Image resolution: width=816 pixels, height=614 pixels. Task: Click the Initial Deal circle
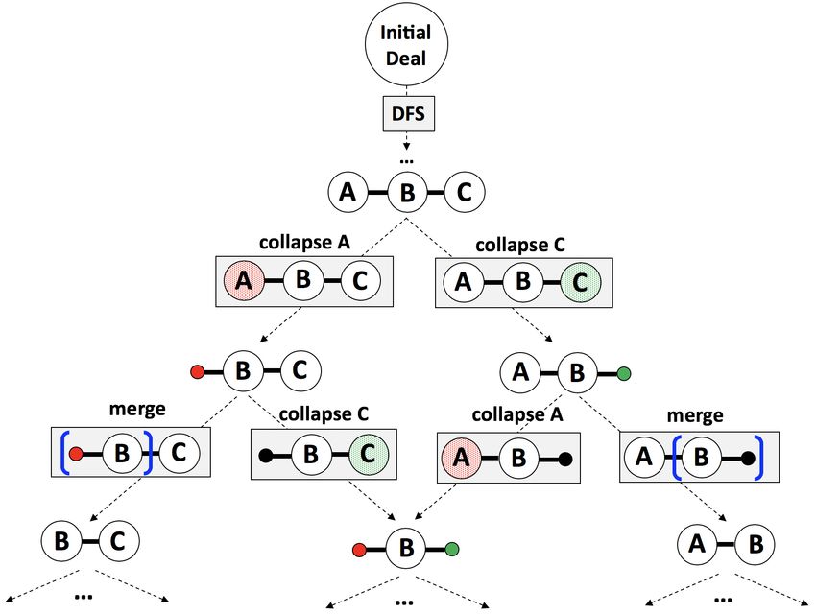coord(406,44)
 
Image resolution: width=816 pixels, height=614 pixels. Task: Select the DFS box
coord(409,113)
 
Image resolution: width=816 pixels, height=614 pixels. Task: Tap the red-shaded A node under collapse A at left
coord(244,281)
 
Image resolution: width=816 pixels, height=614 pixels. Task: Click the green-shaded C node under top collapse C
coord(580,282)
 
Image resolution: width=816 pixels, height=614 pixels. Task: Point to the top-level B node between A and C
coord(407,193)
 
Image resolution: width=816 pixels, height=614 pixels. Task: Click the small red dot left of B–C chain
coord(197,371)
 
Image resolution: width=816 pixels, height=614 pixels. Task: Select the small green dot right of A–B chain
coord(624,373)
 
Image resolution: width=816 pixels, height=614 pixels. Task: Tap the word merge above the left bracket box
coord(137,409)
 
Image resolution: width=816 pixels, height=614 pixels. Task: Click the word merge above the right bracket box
coord(695,415)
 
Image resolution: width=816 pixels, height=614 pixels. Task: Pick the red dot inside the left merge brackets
coord(76,454)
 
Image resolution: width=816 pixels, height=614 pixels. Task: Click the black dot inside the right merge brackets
coord(748,459)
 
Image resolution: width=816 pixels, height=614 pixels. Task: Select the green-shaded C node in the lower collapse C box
coord(369,454)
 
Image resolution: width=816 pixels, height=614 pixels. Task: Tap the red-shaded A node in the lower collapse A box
coord(462,458)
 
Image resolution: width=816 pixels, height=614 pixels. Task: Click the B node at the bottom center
coord(406,548)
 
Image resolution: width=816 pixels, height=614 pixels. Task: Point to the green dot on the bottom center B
coord(452,549)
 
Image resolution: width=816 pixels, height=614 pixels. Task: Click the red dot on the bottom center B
coord(359,550)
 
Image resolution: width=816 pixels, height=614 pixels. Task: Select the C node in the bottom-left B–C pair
coord(119,541)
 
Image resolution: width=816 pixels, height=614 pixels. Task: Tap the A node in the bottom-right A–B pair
coord(697,544)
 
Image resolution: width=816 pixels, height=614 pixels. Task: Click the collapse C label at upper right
coord(520,245)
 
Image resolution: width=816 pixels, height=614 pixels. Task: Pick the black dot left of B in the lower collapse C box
coord(265,456)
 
